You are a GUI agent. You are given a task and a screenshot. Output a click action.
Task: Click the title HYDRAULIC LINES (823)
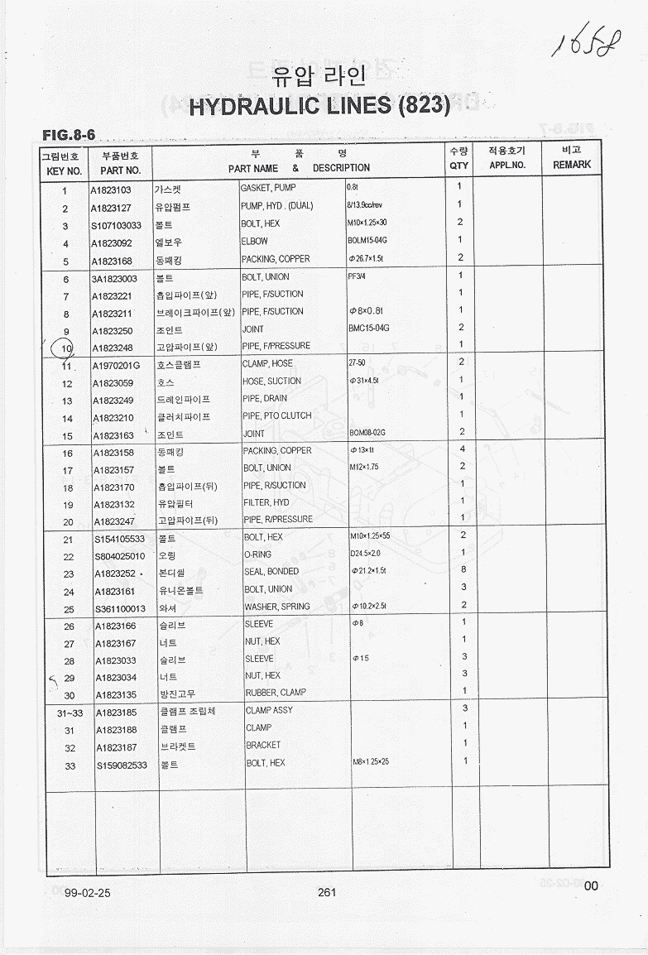click(x=319, y=106)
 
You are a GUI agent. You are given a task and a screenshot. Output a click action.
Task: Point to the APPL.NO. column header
click(x=507, y=165)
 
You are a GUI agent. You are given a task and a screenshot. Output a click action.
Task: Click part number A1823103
click(x=117, y=190)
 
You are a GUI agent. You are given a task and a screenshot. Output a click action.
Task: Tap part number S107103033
click(x=117, y=225)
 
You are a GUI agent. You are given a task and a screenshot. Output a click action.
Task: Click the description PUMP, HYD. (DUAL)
click(x=276, y=205)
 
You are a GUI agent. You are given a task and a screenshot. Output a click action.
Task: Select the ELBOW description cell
click(x=255, y=241)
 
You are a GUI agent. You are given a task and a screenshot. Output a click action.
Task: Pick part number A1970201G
click(x=117, y=365)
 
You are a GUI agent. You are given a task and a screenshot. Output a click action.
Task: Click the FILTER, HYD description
click(x=266, y=502)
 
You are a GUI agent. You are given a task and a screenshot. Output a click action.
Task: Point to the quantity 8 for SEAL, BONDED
click(x=463, y=569)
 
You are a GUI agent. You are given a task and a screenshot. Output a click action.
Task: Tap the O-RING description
click(x=257, y=554)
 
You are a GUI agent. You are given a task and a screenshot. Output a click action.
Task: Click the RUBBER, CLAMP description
click(x=275, y=693)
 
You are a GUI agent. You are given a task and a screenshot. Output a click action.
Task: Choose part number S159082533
click(x=120, y=765)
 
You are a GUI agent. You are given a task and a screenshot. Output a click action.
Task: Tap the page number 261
click(x=326, y=891)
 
